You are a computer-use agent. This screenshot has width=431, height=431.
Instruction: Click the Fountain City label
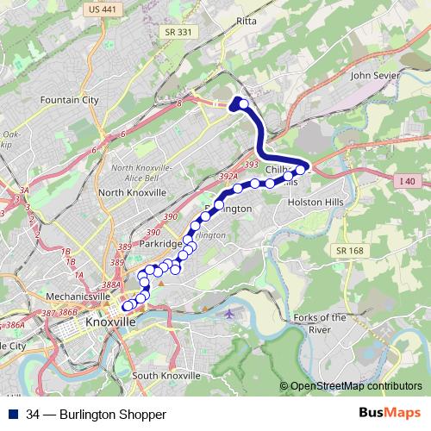coord(69,100)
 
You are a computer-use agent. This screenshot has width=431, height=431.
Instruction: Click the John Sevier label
coord(374,75)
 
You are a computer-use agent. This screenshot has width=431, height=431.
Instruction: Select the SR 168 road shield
coord(344,249)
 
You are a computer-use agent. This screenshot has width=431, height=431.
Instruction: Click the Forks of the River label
coord(319,323)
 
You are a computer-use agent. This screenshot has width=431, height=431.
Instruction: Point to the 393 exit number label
coord(252,164)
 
